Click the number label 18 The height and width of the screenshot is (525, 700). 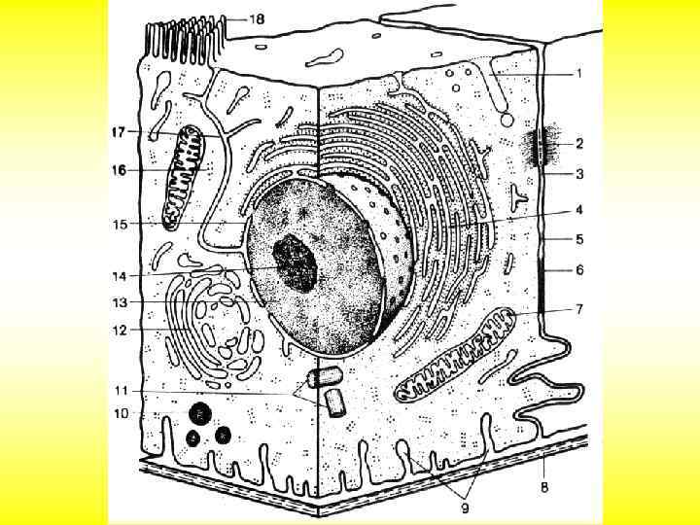[x=257, y=18]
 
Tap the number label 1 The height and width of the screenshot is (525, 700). [x=578, y=73]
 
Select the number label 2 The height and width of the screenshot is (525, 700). [x=578, y=145]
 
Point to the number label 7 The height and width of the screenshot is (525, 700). [x=578, y=309]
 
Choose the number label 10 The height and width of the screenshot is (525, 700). [x=121, y=412]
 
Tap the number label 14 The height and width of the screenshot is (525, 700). [x=119, y=275]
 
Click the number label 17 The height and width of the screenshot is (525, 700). [x=119, y=131]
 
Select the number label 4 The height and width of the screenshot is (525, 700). [x=578, y=209]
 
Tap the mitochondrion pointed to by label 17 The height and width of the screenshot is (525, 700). [x=184, y=175]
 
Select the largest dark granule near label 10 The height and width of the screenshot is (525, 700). [x=201, y=413]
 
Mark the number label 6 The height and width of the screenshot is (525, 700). [x=578, y=270]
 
